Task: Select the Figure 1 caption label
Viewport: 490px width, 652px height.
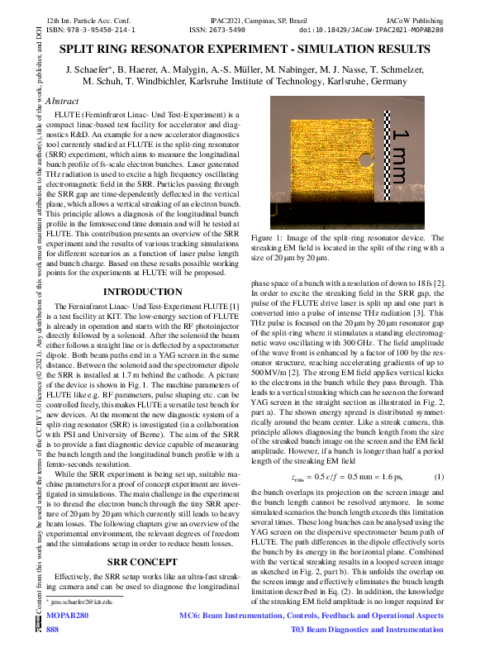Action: pyautogui.click(x=273, y=236)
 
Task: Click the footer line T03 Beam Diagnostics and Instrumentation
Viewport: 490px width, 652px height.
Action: pyautogui.click(x=368, y=630)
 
